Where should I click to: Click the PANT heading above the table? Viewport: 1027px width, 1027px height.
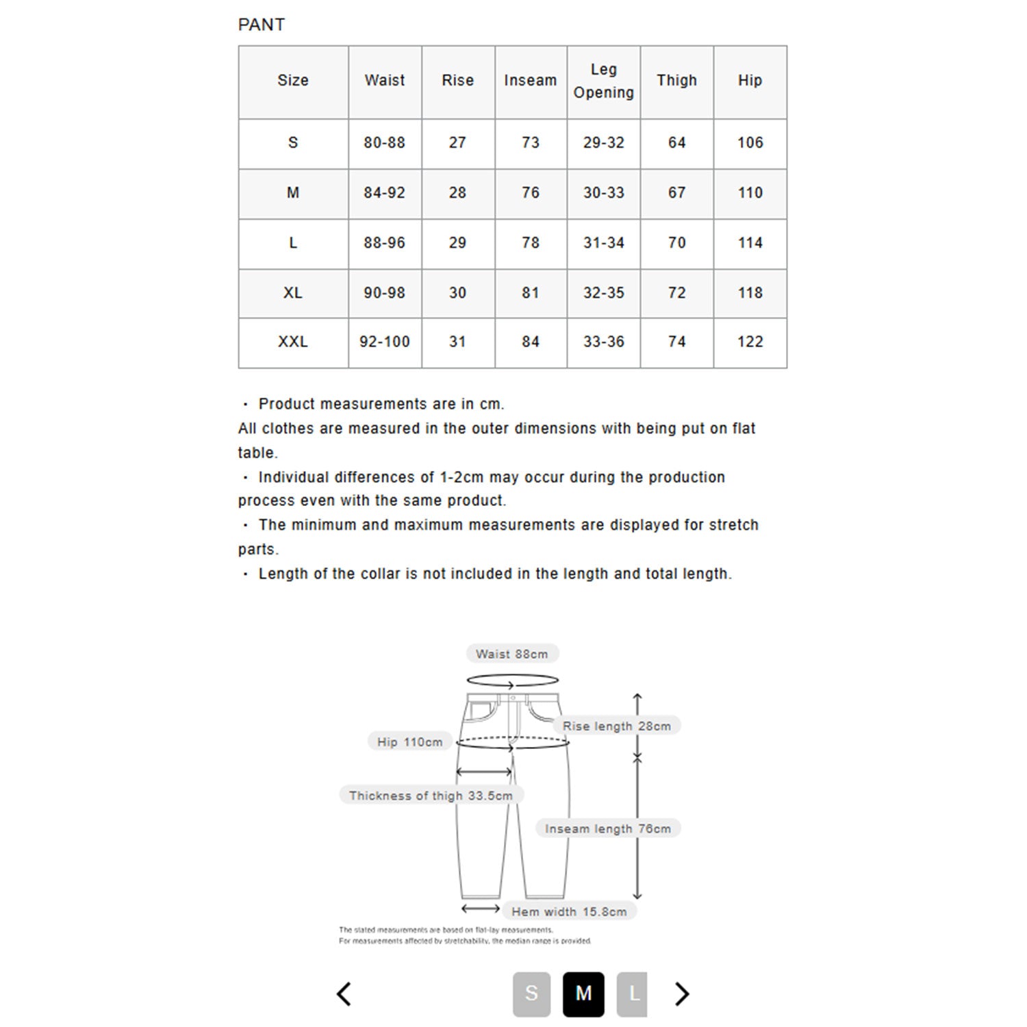coord(261,25)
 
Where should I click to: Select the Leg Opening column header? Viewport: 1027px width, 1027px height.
coord(603,81)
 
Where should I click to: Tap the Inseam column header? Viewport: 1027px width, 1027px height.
coord(530,80)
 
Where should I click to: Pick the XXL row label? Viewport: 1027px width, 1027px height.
coord(292,342)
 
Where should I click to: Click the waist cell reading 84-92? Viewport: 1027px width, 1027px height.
coord(384,193)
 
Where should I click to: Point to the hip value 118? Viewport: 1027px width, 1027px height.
coord(750,293)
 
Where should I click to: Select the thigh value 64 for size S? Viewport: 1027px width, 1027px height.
coord(676,143)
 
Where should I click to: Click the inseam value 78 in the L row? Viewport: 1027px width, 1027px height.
coord(530,243)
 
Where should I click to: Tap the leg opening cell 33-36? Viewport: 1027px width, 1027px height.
coord(603,342)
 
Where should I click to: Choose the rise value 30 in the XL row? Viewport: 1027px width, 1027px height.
coord(457,293)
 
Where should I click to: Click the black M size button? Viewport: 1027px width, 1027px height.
coord(583,993)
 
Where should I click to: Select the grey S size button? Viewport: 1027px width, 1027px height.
coord(531,993)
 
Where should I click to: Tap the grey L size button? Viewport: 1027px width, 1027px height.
coord(633,993)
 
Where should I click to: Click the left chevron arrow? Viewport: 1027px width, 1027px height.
coord(344,993)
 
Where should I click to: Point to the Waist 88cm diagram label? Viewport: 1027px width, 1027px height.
coord(512,654)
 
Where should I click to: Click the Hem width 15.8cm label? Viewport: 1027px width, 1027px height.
coord(568,912)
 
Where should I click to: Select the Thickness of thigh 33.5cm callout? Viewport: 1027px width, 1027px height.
coord(431,796)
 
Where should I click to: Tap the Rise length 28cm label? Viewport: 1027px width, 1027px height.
coord(616,726)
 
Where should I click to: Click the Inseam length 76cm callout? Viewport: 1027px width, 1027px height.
coord(607,829)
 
